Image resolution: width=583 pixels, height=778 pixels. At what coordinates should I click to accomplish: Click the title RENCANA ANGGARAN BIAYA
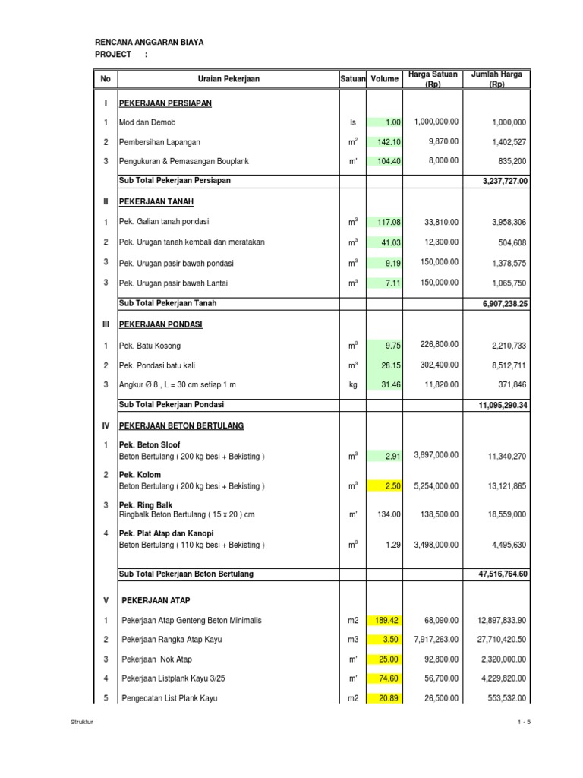click(149, 43)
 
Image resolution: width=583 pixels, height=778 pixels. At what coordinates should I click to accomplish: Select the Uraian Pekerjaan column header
click(228, 79)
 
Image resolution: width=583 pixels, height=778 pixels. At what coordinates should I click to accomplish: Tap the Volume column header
click(384, 79)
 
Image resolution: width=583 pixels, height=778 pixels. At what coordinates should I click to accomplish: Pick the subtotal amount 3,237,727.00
click(505, 182)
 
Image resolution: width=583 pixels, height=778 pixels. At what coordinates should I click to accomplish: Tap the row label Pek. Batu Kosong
click(150, 346)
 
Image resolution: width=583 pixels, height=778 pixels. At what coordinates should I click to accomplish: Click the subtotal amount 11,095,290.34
click(503, 406)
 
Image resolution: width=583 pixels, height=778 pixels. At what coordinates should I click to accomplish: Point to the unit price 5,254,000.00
click(436, 485)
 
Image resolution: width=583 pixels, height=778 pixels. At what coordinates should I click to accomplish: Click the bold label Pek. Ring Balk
click(146, 504)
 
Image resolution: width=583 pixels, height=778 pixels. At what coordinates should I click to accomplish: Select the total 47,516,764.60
click(503, 574)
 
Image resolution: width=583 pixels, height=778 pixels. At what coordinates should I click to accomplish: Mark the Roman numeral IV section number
click(106, 426)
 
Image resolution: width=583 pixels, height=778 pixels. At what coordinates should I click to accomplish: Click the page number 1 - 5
click(523, 723)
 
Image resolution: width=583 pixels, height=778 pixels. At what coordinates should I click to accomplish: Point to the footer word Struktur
click(80, 723)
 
